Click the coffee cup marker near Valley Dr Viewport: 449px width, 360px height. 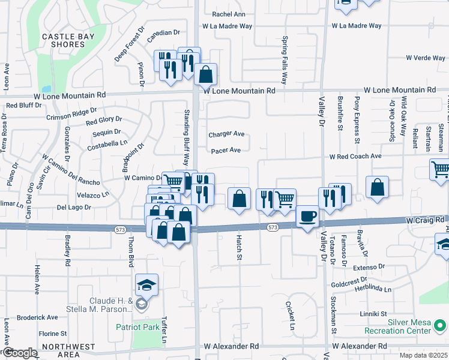pos(308,216)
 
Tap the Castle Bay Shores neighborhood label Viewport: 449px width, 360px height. pos(63,41)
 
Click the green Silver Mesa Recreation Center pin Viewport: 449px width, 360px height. pos(439,326)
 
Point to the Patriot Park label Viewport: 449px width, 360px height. pos(138,327)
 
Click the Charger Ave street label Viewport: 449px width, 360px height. pos(226,134)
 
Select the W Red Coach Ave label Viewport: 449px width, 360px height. pos(355,156)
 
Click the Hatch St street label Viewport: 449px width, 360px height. pos(238,248)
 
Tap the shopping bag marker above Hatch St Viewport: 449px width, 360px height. pos(239,199)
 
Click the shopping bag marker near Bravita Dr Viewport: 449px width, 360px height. pos(377,187)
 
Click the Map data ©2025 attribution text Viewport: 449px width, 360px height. pos(423,356)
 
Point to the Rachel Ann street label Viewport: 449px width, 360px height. pos(229,14)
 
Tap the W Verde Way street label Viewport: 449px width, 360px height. pos(425,58)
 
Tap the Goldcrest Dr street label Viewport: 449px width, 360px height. pos(348,280)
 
